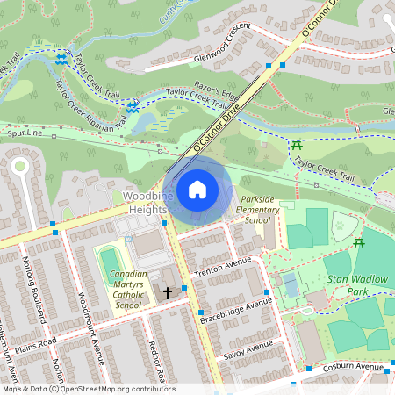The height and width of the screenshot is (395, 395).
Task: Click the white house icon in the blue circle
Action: click(197, 190)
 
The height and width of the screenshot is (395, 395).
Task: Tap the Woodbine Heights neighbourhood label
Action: click(145, 202)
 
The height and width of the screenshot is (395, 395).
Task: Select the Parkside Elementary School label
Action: click(259, 210)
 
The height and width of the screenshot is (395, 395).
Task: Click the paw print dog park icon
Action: click(339, 226)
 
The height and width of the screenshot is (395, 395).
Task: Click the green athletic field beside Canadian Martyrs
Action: click(109, 262)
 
